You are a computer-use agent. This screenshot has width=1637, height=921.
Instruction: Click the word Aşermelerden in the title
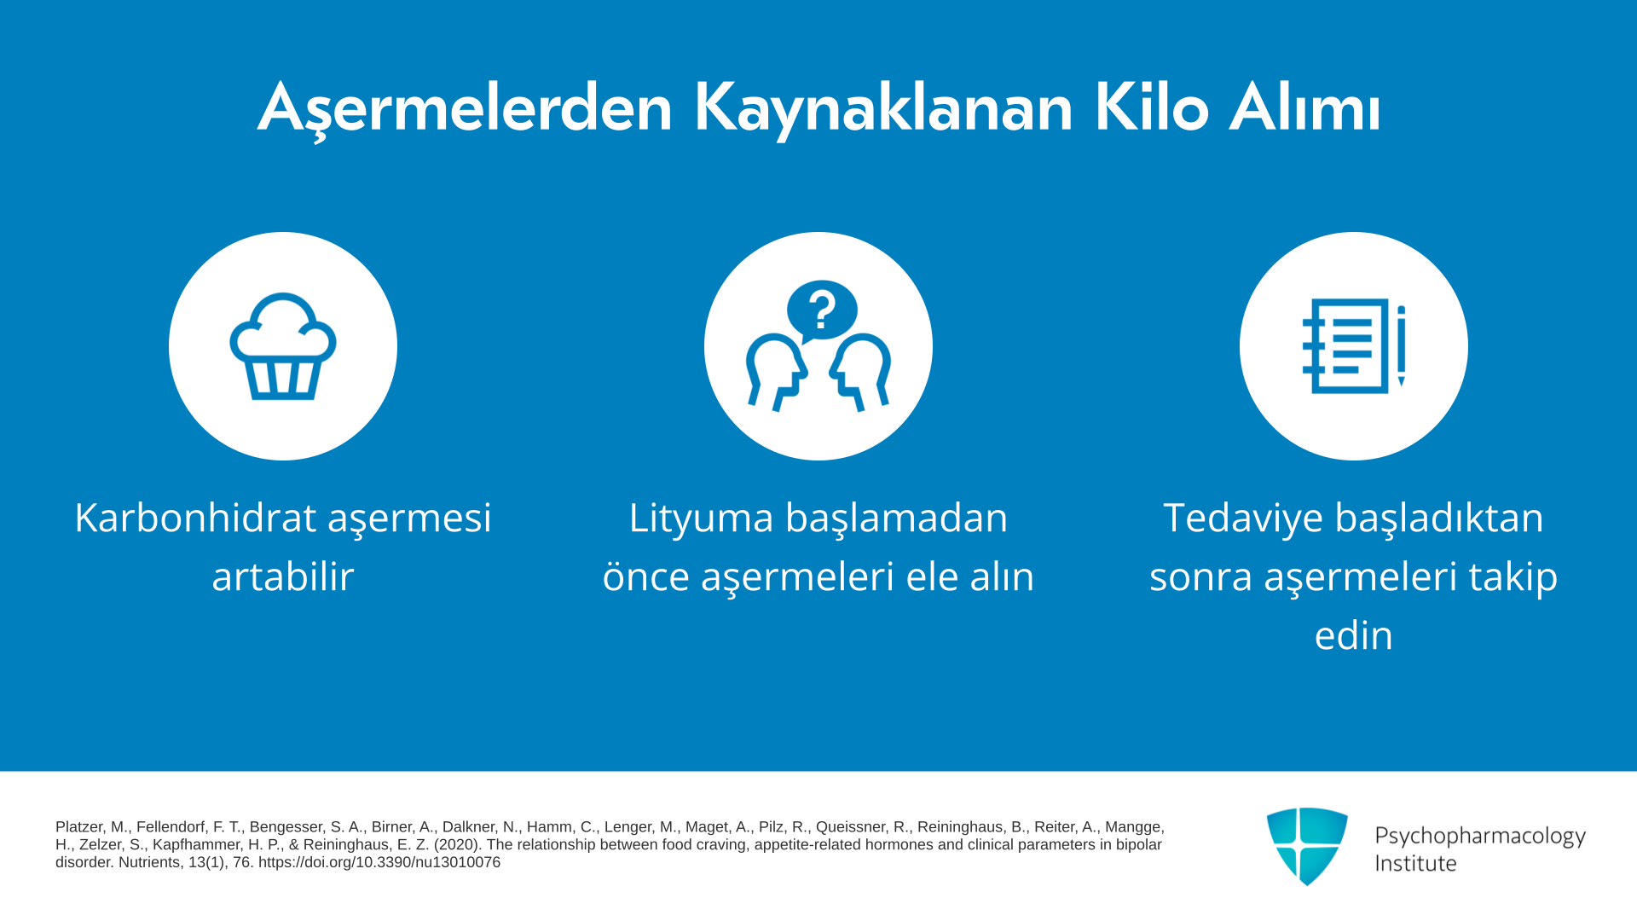pyautogui.click(x=466, y=109)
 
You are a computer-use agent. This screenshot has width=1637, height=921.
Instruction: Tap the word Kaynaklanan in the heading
pyautogui.click(x=883, y=109)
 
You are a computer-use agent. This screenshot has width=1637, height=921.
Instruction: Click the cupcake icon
pyautogui.click(x=283, y=346)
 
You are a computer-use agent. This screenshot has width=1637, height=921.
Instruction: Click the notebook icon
pyautogui.click(x=1346, y=346)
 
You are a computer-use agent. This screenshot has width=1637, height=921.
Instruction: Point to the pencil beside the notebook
pyautogui.click(x=1401, y=346)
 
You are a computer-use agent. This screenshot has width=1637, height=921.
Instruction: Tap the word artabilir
pyautogui.click(x=283, y=576)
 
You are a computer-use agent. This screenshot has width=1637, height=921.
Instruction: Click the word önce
pyautogui.click(x=645, y=576)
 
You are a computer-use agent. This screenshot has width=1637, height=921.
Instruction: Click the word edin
pyautogui.click(x=1354, y=635)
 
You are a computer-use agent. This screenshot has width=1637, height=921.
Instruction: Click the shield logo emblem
pyautogui.click(x=1307, y=846)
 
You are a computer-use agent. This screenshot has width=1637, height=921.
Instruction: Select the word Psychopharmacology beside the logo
pyautogui.click(x=1480, y=837)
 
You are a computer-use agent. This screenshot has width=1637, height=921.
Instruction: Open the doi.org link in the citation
pyautogui.click(x=379, y=862)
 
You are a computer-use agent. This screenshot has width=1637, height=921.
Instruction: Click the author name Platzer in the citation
pyautogui.click(x=80, y=827)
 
